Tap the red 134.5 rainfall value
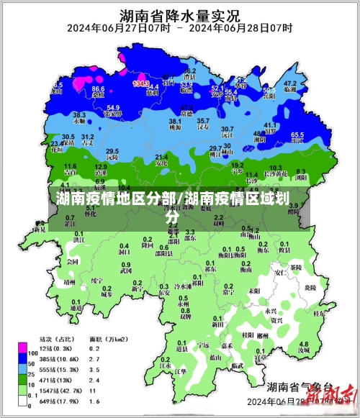click(141, 83)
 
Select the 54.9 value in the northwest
click(113, 107)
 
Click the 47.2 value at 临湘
click(290, 83)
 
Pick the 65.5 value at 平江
click(297, 135)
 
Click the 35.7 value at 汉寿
click(204, 121)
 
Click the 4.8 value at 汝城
click(304, 344)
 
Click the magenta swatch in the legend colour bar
click(24, 352)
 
